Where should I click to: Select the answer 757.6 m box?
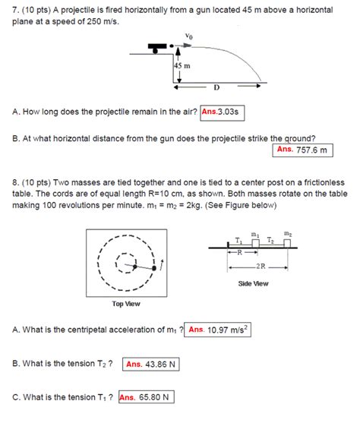tap(304, 150)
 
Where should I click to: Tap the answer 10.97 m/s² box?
tap(219, 330)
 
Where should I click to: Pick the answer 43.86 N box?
tap(150, 364)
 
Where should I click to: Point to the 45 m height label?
tap(182, 67)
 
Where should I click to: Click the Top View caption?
tap(127, 304)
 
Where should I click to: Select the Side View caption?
tap(253, 283)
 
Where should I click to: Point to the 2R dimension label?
tap(261, 266)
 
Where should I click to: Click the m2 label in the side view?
tap(287, 233)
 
